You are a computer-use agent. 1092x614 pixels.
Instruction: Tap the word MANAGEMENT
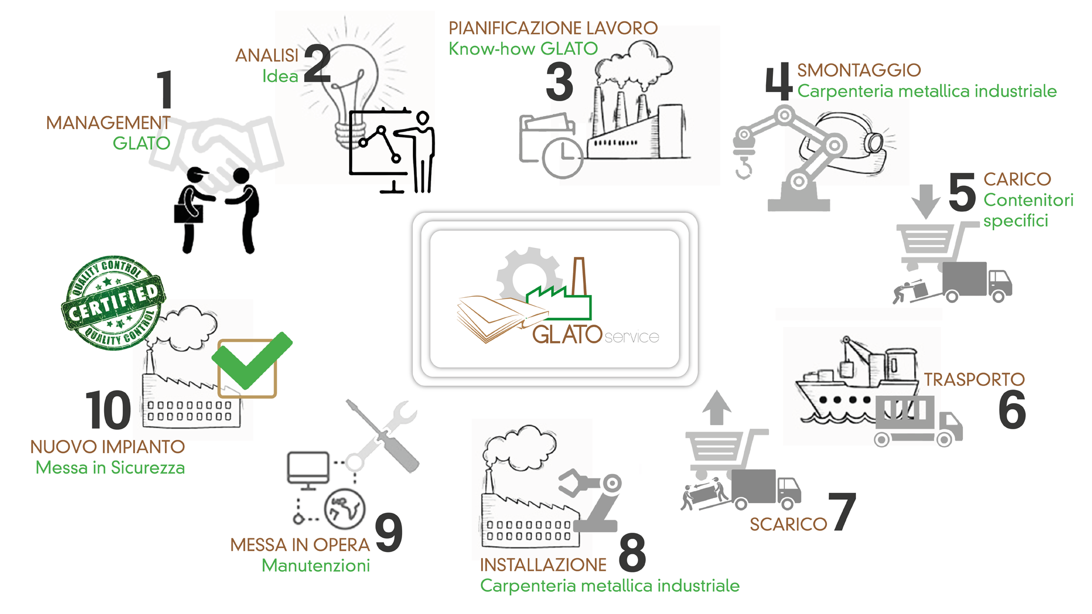click(x=108, y=123)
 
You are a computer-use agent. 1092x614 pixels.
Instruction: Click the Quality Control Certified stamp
click(x=114, y=302)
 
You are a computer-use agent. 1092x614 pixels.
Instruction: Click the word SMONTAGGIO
click(x=859, y=70)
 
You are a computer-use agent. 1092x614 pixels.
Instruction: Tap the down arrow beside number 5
click(x=925, y=201)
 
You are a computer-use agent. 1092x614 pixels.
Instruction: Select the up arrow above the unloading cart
click(x=717, y=407)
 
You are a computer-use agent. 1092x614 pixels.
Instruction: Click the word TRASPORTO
click(x=974, y=379)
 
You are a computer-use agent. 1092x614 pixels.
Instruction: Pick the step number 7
click(x=842, y=511)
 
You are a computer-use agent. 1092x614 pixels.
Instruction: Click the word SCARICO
click(x=788, y=524)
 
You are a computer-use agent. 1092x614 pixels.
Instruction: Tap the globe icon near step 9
click(x=345, y=508)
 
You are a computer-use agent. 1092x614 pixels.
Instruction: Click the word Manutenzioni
click(x=316, y=566)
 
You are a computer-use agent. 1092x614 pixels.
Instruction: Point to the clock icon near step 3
click(x=562, y=157)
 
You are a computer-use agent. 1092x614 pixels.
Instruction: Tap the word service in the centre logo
click(x=632, y=337)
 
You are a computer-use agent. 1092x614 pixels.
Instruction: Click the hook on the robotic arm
click(x=743, y=168)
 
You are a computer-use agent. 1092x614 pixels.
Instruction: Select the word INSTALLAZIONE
click(x=543, y=565)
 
